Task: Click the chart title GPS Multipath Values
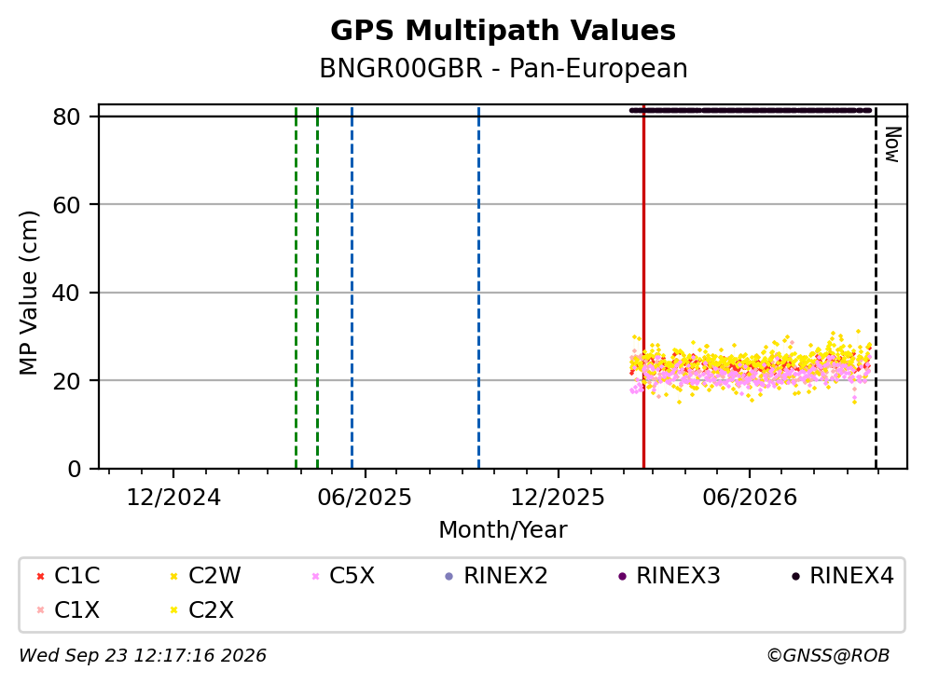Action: click(503, 31)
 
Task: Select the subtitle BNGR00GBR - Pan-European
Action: click(504, 68)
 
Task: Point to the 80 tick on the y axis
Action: click(66, 116)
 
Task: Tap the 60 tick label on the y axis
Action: click(66, 205)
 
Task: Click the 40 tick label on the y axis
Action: click(66, 293)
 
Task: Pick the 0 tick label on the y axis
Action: click(75, 470)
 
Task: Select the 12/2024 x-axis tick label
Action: click(173, 498)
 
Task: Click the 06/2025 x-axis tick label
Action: click(365, 498)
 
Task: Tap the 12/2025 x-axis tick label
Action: click(558, 498)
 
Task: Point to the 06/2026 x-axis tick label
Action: click(749, 498)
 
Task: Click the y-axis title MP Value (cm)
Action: click(28, 293)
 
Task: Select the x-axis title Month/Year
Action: click(503, 530)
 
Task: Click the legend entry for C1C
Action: click(68, 576)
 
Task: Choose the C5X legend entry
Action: click(343, 576)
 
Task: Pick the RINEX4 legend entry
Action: click(842, 576)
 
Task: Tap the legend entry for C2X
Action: click(201, 609)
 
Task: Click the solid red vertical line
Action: click(643, 287)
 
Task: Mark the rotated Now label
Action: click(893, 144)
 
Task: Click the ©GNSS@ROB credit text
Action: click(828, 655)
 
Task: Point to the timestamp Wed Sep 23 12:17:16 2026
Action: click(143, 655)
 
